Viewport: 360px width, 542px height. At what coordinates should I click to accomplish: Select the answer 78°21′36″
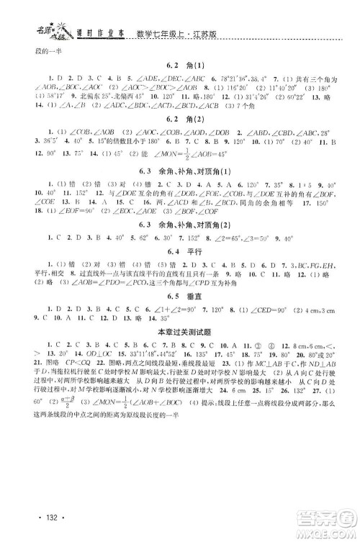pyautogui.click(x=240, y=78)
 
